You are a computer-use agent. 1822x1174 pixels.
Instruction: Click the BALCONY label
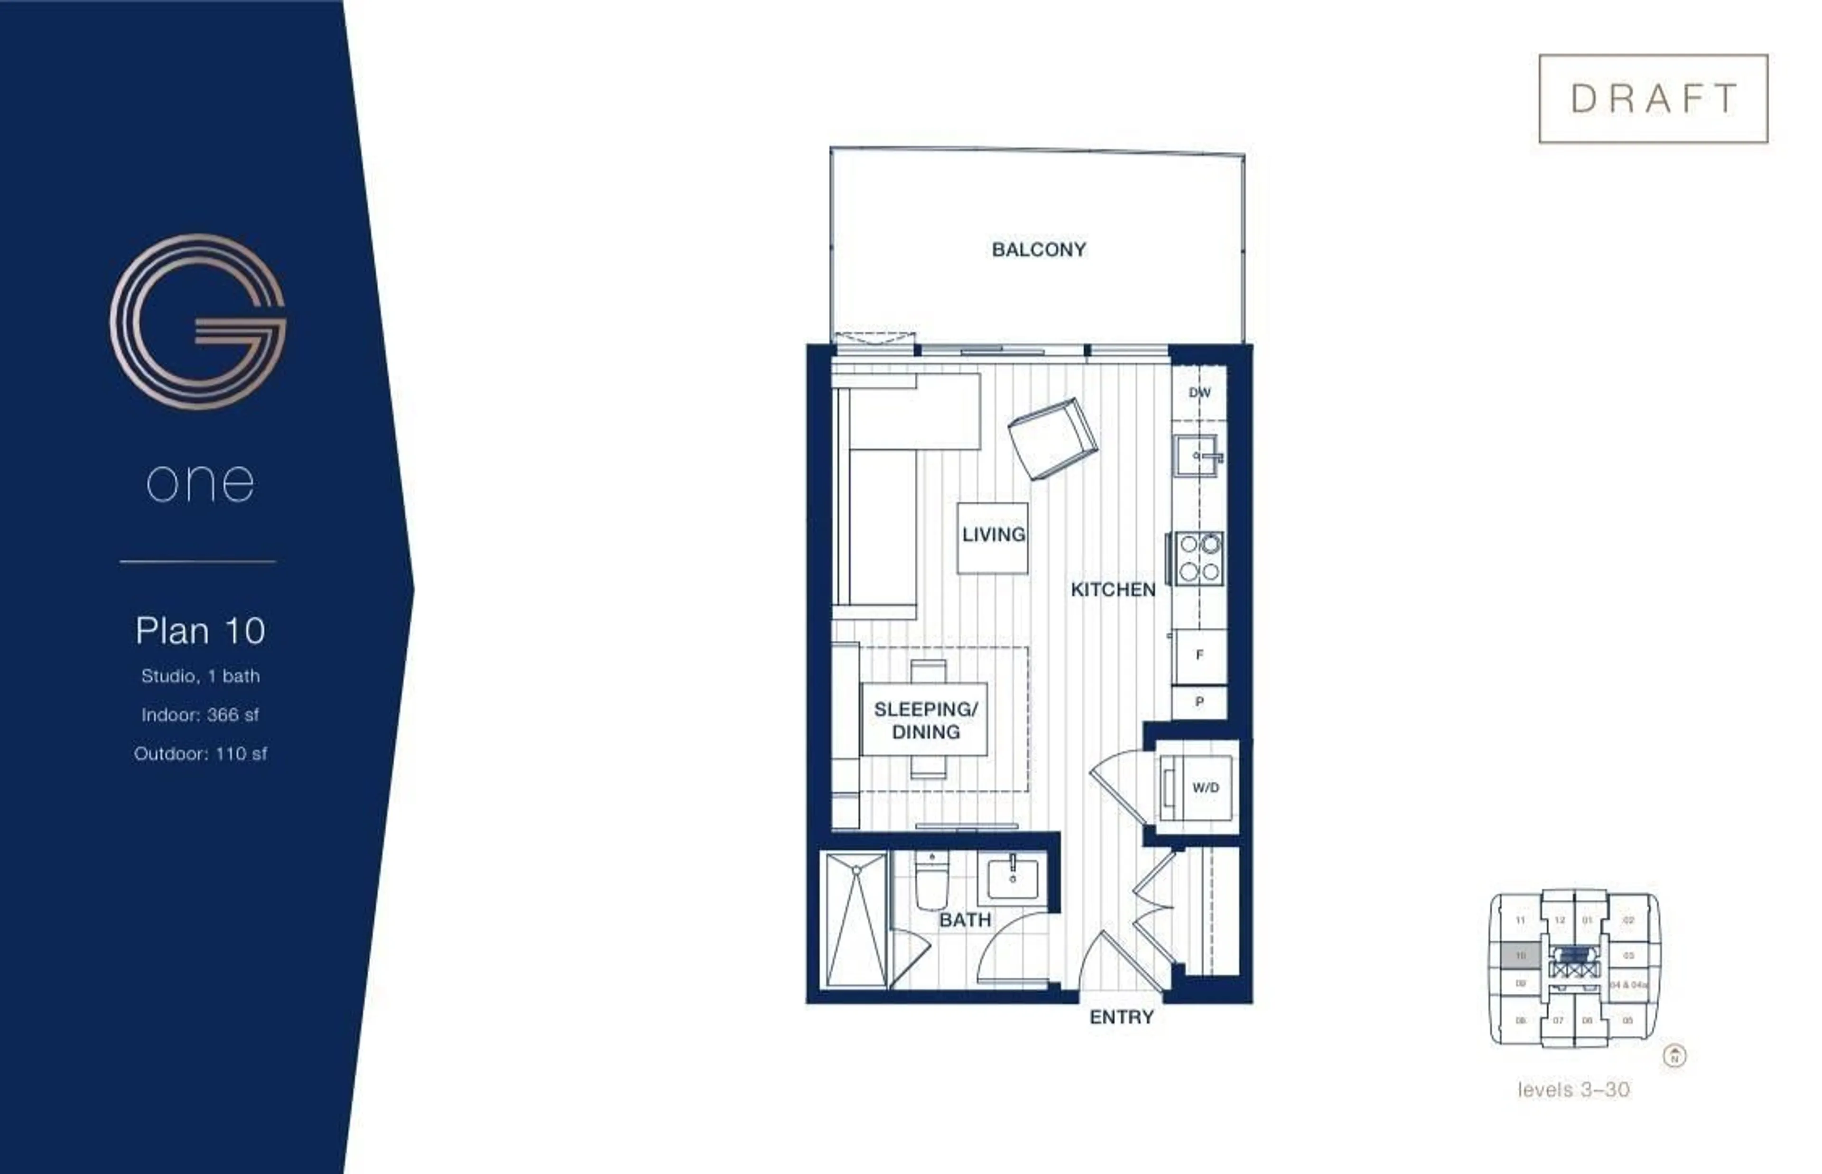1038,250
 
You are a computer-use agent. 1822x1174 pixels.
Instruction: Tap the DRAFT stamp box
1653,98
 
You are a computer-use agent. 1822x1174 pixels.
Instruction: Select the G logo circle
198,322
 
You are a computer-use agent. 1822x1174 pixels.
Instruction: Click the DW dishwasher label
1199,393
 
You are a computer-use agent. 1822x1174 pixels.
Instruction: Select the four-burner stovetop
1199,558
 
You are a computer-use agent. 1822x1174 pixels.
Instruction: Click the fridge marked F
1199,656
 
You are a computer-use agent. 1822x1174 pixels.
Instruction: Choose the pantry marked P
1199,702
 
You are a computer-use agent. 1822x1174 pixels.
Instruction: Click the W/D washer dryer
1197,787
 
